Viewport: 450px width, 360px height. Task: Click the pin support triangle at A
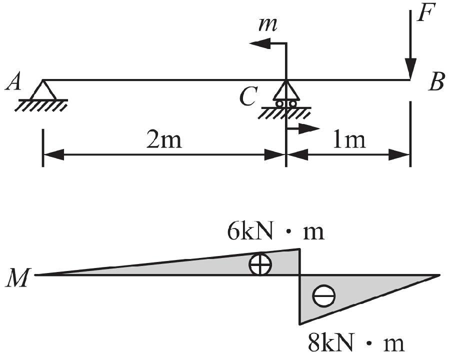tap(43, 90)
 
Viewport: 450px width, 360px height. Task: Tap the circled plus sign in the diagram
tap(260, 264)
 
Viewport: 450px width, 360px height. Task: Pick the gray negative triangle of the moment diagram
tap(340, 290)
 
